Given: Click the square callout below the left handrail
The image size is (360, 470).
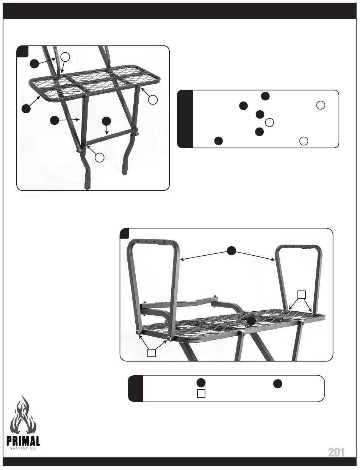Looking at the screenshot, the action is (152, 353).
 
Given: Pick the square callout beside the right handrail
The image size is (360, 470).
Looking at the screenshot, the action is (302, 295).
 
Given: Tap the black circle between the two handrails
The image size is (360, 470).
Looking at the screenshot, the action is (231, 250).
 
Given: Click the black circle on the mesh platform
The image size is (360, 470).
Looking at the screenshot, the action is (251, 321).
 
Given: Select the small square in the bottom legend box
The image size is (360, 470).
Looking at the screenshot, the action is (201, 393).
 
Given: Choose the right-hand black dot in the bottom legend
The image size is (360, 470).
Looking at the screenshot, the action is (277, 384).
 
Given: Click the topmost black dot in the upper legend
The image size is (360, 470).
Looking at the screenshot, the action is (265, 96).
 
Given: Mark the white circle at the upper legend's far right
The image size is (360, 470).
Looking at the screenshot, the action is (321, 105).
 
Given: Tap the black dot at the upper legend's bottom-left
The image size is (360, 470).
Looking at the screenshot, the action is (219, 141).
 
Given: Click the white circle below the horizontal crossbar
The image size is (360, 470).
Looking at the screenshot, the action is (100, 158).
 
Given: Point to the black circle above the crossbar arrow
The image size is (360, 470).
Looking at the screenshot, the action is (106, 121).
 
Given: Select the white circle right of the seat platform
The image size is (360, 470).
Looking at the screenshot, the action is (153, 100).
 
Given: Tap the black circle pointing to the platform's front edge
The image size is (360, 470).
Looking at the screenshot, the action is (27, 108).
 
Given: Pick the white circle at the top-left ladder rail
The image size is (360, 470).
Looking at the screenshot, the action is (65, 57).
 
